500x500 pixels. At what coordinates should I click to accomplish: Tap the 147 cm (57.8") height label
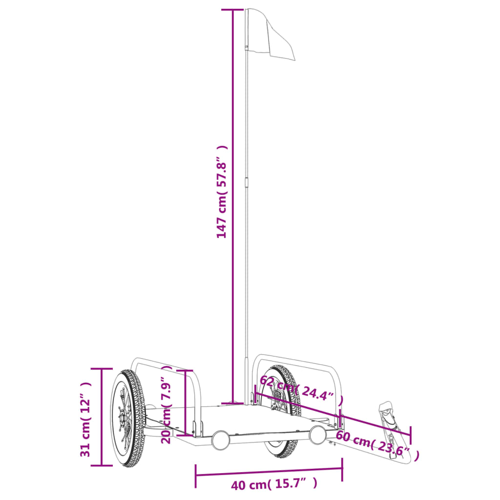pyautogui.click(x=222, y=192)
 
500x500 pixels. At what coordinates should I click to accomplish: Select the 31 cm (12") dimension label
pyautogui.click(x=86, y=419)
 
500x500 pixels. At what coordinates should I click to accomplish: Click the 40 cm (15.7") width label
pyautogui.click(x=274, y=484)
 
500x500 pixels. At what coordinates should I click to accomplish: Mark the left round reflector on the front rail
pyautogui.click(x=220, y=439)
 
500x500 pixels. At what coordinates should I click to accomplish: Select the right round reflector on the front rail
pyautogui.click(x=317, y=435)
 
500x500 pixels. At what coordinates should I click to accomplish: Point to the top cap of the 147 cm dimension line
pyautogui.click(x=233, y=9)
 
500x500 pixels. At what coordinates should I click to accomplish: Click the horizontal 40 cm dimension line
pyautogui.click(x=269, y=471)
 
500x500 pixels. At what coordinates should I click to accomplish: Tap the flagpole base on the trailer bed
pyautogui.click(x=235, y=403)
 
